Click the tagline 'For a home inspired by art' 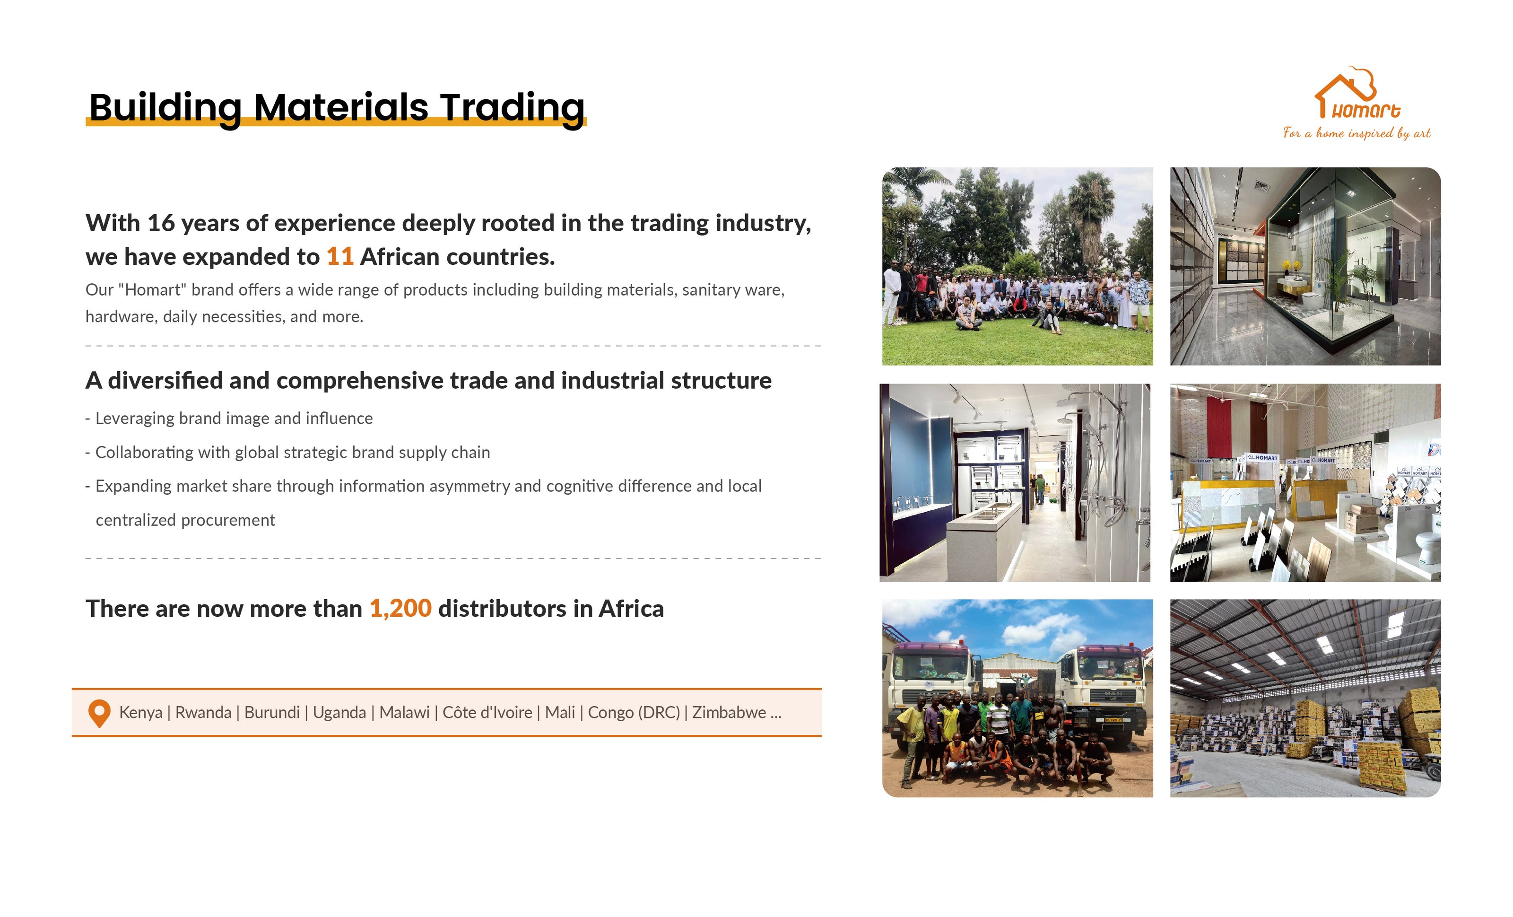click(1356, 133)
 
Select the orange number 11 click(339, 257)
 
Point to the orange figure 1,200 click(400, 609)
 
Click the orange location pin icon click(99, 714)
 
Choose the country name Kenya click(140, 713)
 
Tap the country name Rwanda click(203, 713)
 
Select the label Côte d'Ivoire click(487, 713)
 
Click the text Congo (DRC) click(634, 713)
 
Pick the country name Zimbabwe click(729, 713)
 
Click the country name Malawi click(404, 713)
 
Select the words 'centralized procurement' click(185, 520)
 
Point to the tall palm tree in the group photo click(1090, 215)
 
